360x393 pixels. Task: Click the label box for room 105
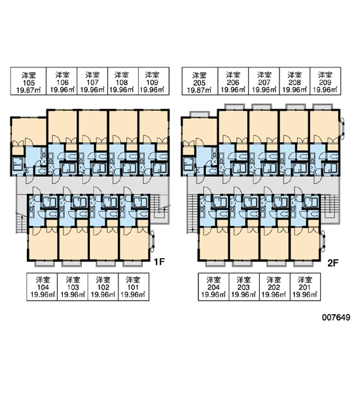click(x=28, y=81)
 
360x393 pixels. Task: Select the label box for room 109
click(x=154, y=81)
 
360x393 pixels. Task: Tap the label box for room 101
click(x=134, y=287)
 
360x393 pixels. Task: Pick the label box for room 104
click(x=42, y=287)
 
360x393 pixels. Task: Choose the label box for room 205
click(x=200, y=81)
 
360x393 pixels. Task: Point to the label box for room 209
click(x=325, y=81)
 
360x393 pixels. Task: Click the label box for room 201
click(x=305, y=287)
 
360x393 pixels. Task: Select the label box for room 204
click(x=213, y=287)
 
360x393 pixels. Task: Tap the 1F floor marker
click(x=159, y=262)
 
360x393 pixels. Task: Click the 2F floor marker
click(x=333, y=263)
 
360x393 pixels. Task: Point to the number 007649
click(x=336, y=318)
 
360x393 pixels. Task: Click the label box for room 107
click(x=92, y=81)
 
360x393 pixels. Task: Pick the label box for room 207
click(x=264, y=81)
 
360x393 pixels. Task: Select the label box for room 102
click(x=103, y=287)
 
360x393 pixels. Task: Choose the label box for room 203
click(x=244, y=287)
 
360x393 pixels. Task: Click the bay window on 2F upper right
click(x=342, y=127)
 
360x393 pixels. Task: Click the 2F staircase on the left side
click(x=192, y=214)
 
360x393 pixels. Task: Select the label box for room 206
click(x=233, y=81)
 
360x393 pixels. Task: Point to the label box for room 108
click(x=123, y=81)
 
